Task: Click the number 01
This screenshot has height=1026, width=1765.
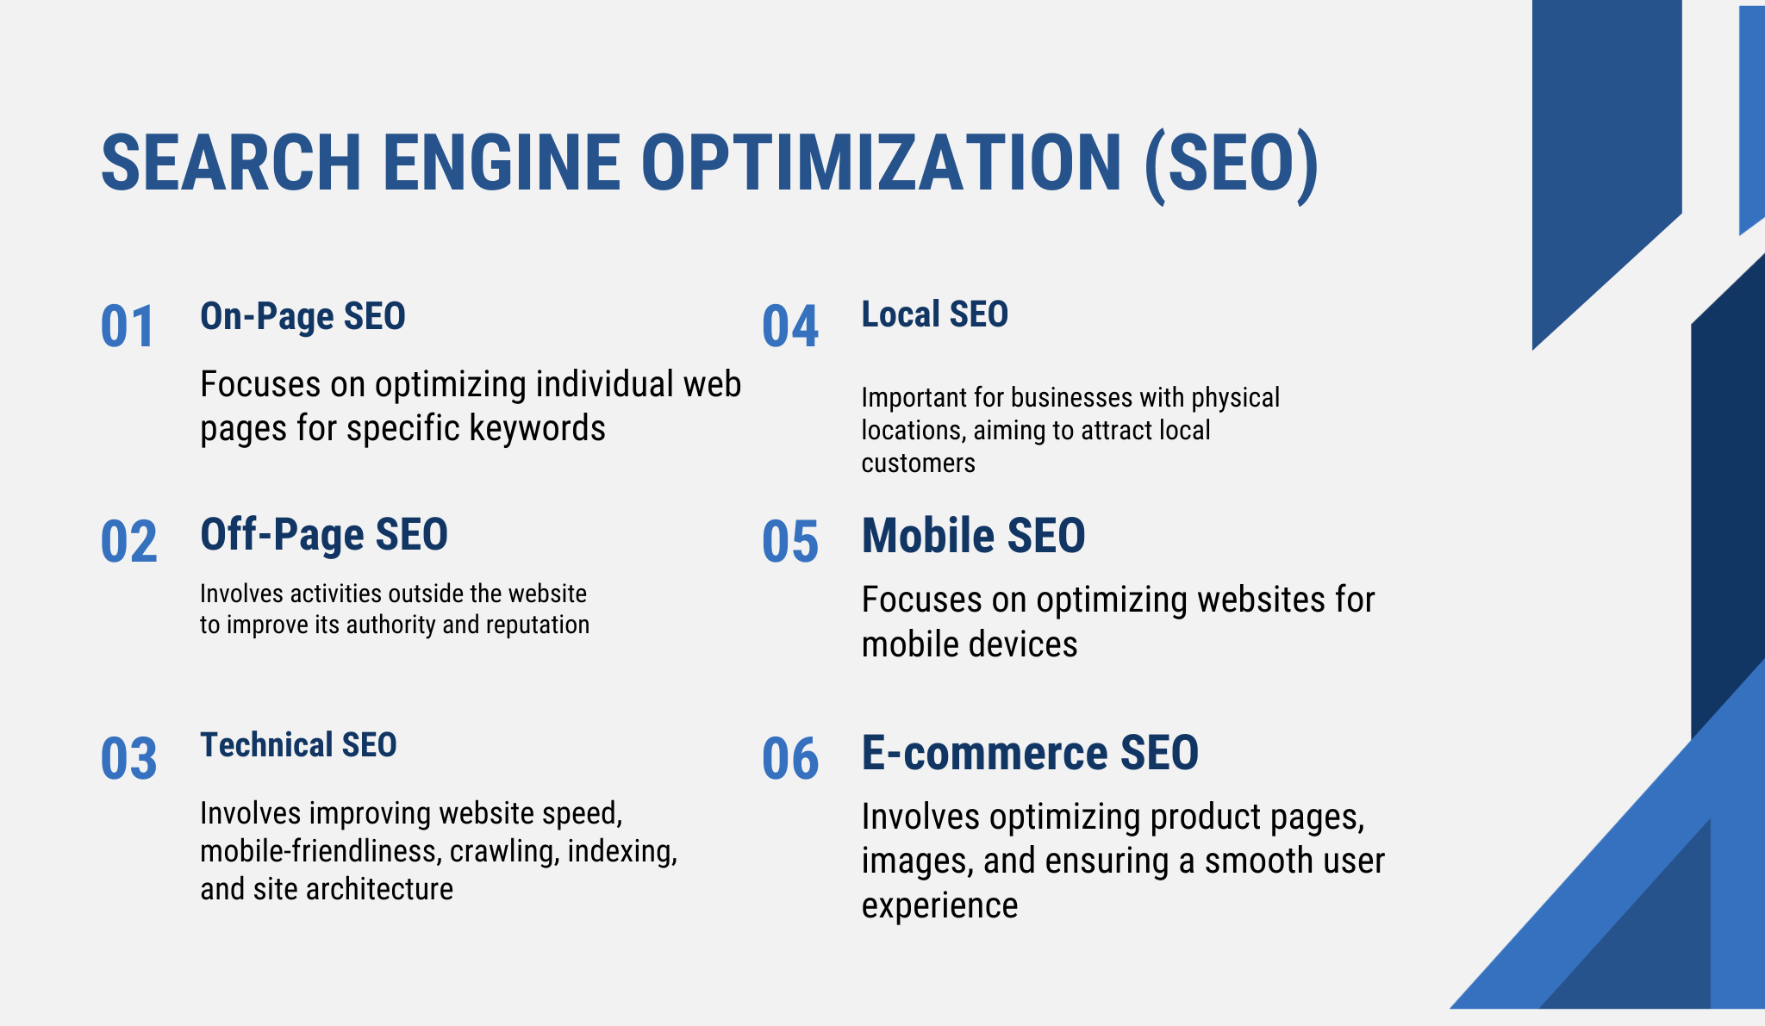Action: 128,327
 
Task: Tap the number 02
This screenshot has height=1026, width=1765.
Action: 128,542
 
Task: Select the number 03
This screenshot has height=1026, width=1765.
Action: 128,759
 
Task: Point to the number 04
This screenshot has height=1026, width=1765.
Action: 789,326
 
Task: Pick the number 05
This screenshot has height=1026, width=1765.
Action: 789,542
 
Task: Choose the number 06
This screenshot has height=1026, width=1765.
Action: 789,759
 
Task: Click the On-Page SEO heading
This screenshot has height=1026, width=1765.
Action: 302,316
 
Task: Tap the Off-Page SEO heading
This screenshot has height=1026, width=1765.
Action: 324,535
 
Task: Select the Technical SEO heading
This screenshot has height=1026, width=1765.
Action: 298,745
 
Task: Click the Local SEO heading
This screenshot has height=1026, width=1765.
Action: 934,314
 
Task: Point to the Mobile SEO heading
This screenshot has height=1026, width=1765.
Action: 973,536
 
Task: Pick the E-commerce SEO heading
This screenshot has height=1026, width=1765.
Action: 1030,753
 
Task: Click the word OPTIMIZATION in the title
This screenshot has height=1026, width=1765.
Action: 881,162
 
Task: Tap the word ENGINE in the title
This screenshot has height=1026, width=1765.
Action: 501,162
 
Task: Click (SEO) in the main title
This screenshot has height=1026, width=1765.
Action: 1232,165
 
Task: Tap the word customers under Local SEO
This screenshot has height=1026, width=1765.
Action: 919,463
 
